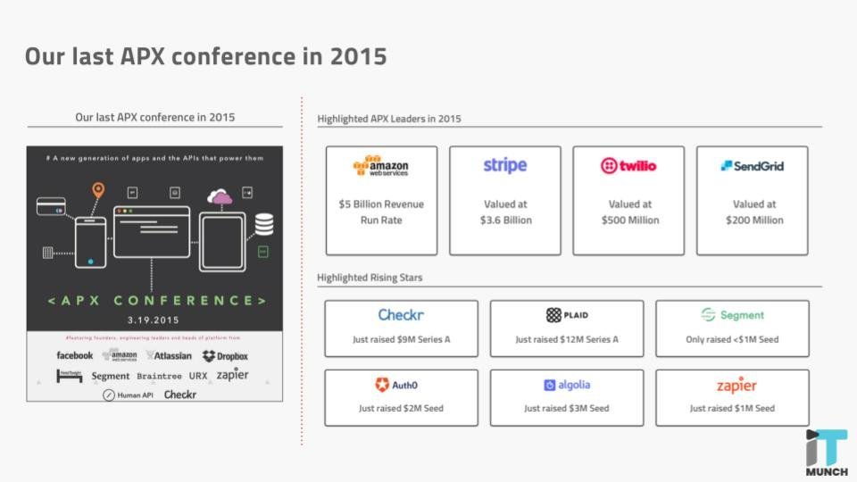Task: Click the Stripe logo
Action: point(505,165)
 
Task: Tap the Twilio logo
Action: point(628,166)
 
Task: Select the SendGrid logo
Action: point(752,166)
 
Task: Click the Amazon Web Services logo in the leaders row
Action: point(381,166)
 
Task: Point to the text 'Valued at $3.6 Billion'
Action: point(505,212)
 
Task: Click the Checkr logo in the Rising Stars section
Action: point(401,315)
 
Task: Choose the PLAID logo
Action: point(567,315)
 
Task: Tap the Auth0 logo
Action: point(396,385)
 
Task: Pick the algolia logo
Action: point(567,385)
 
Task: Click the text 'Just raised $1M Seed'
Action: point(732,408)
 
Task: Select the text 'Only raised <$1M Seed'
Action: point(732,339)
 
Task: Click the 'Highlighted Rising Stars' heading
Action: point(370,278)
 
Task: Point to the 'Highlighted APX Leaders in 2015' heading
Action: point(389,119)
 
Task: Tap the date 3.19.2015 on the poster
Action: point(154,319)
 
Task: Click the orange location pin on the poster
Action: point(98,190)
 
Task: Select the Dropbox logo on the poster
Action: point(225,356)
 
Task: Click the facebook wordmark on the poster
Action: point(75,355)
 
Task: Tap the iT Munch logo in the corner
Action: point(827,453)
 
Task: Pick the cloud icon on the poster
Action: point(220,196)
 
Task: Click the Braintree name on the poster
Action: point(159,377)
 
